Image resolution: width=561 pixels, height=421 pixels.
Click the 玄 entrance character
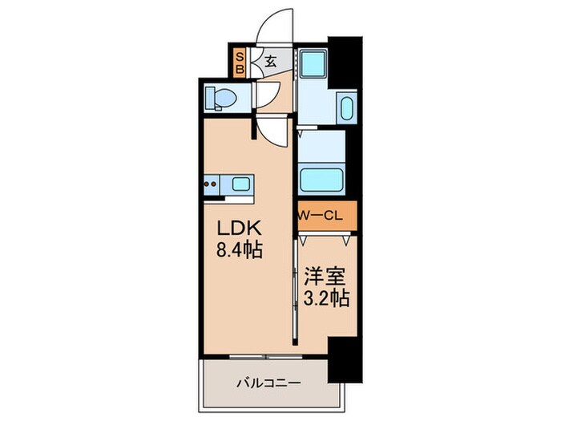pyautogui.click(x=270, y=61)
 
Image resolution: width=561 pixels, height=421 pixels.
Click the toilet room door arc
pyautogui.click(x=264, y=96)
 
